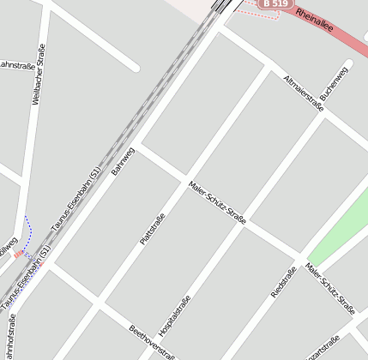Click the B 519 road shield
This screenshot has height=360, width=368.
(x=275, y=4)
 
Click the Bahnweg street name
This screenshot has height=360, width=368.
(x=123, y=161)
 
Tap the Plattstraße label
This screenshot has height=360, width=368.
(x=152, y=229)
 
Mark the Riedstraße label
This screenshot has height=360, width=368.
(x=283, y=282)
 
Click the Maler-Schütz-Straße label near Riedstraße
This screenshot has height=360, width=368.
(x=330, y=288)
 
